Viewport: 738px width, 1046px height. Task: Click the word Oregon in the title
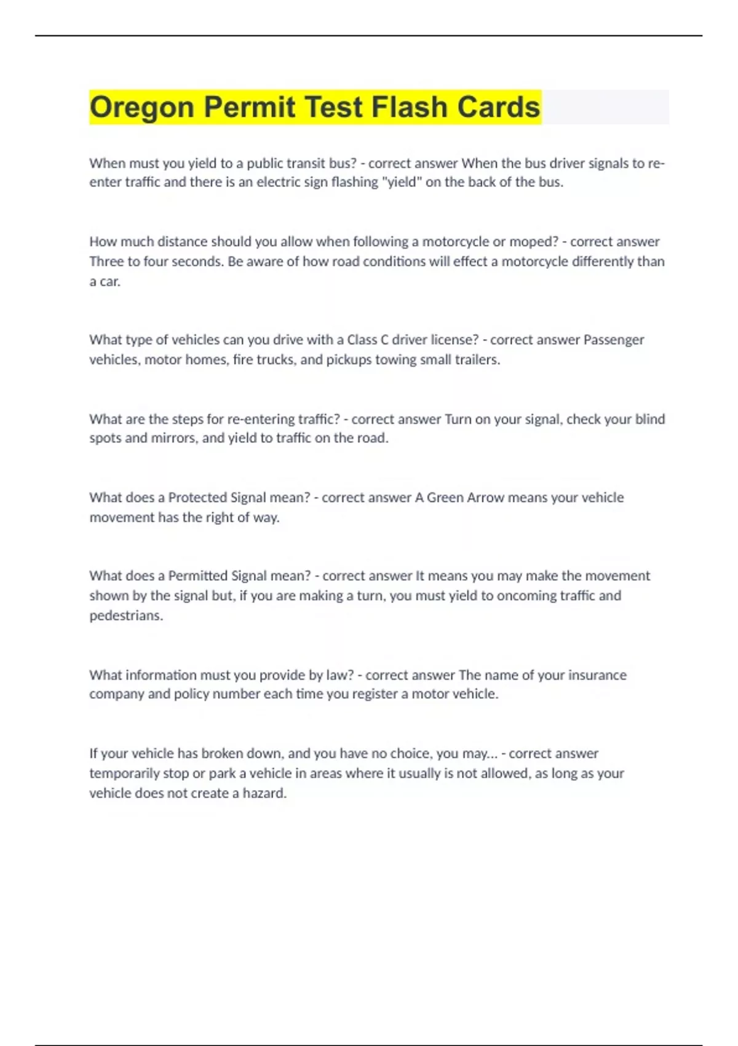pyautogui.click(x=142, y=108)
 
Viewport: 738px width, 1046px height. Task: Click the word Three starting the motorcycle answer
pyautogui.click(x=106, y=261)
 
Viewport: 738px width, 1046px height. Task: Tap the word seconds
pyautogui.click(x=200, y=261)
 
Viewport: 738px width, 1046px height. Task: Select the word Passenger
pyautogui.click(x=613, y=340)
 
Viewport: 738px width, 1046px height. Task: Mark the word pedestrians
pyautogui.click(x=126, y=615)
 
